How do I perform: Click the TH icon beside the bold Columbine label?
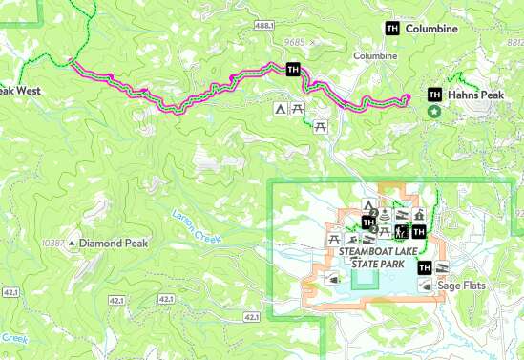[391, 30]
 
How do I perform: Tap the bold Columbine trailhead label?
[431, 30]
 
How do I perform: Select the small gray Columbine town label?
[375, 56]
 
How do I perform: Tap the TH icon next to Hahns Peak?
[435, 95]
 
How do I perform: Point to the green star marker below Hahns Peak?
[435, 112]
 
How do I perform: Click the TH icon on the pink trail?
[293, 69]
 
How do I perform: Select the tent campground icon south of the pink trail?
[281, 110]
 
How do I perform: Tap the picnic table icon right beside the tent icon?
[299, 110]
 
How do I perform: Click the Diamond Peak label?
[112, 244]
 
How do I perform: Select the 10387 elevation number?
[53, 244]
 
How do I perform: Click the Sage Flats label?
[461, 285]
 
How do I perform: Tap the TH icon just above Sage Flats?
[425, 267]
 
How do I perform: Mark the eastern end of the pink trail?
[407, 97]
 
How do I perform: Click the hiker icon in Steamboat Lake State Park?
[403, 231]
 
